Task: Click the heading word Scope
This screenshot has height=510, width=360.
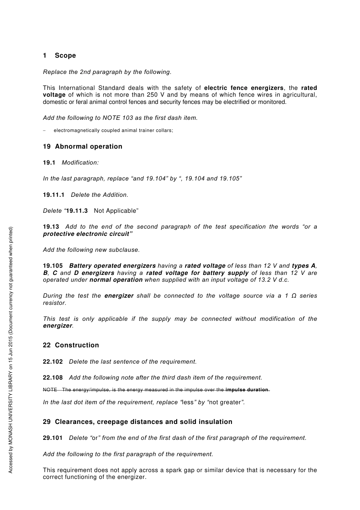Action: pos(65,56)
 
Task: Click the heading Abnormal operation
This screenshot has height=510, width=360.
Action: pos(88,147)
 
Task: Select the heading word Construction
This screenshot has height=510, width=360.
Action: pos(77,345)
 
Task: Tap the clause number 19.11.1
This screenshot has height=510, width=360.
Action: pos(53,195)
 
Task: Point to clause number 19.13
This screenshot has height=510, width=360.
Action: pos(51,227)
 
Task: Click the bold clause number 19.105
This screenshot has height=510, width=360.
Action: pos(53,266)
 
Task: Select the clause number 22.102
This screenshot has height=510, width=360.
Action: pos(53,362)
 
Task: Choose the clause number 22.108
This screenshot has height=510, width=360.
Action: pos(53,378)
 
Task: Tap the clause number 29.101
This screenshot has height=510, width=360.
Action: pos(53,438)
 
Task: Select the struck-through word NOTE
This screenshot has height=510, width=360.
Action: pos(50,390)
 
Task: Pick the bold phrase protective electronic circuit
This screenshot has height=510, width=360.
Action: pos(86,234)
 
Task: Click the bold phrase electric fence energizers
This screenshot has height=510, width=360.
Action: pos(244,88)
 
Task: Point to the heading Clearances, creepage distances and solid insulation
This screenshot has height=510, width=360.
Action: pos(143,422)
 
